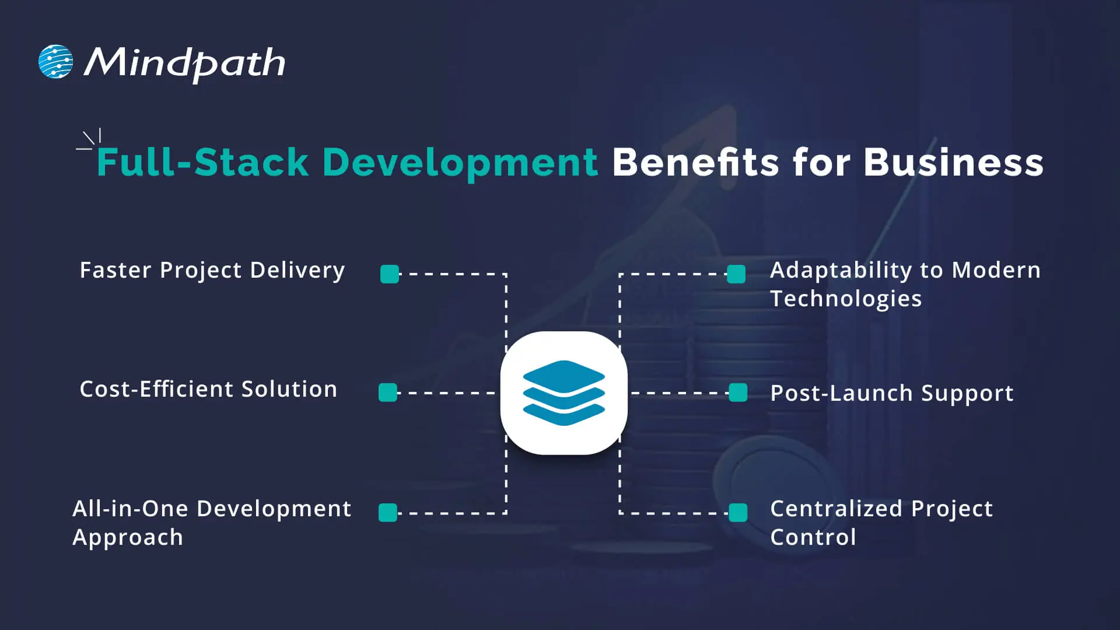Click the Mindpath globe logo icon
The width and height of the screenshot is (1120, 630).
pos(56,61)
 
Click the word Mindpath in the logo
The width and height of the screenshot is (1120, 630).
pos(185,63)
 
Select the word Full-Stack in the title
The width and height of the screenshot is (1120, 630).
pos(202,162)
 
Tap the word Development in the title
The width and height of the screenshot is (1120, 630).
pos(460,162)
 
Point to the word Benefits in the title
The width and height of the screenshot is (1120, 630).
pos(695,162)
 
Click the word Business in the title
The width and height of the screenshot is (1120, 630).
pos(953,162)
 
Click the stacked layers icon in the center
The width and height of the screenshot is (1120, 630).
pos(563,393)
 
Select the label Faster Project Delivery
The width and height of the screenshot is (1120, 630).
pos(212,270)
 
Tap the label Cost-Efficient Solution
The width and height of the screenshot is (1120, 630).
pos(208,389)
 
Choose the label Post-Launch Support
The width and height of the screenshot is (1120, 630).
pos(892,393)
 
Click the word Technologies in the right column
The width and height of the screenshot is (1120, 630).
pos(846,299)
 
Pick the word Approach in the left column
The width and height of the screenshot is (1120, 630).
pos(128,537)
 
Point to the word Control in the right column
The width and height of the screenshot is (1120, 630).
pos(813,537)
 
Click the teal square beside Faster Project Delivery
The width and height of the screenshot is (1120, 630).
pos(390,274)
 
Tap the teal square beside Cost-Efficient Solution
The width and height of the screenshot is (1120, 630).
pos(388,393)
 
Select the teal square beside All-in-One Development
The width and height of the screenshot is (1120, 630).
pos(388,513)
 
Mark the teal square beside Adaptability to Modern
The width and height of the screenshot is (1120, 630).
pos(736,274)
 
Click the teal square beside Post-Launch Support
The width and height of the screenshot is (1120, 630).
pos(738,393)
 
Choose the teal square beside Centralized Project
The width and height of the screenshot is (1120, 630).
pos(738,513)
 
